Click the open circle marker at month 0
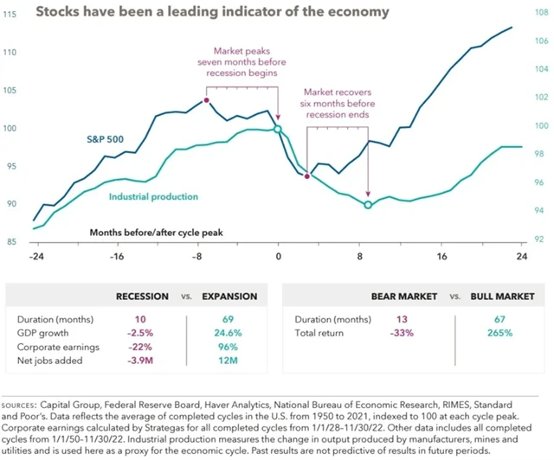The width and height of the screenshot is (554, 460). point(279,130)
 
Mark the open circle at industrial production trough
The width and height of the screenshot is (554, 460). point(368,205)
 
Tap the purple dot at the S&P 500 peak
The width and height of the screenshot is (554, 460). point(207,100)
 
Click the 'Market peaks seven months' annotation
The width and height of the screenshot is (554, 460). point(242,63)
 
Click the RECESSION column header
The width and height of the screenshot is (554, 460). point(142,297)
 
